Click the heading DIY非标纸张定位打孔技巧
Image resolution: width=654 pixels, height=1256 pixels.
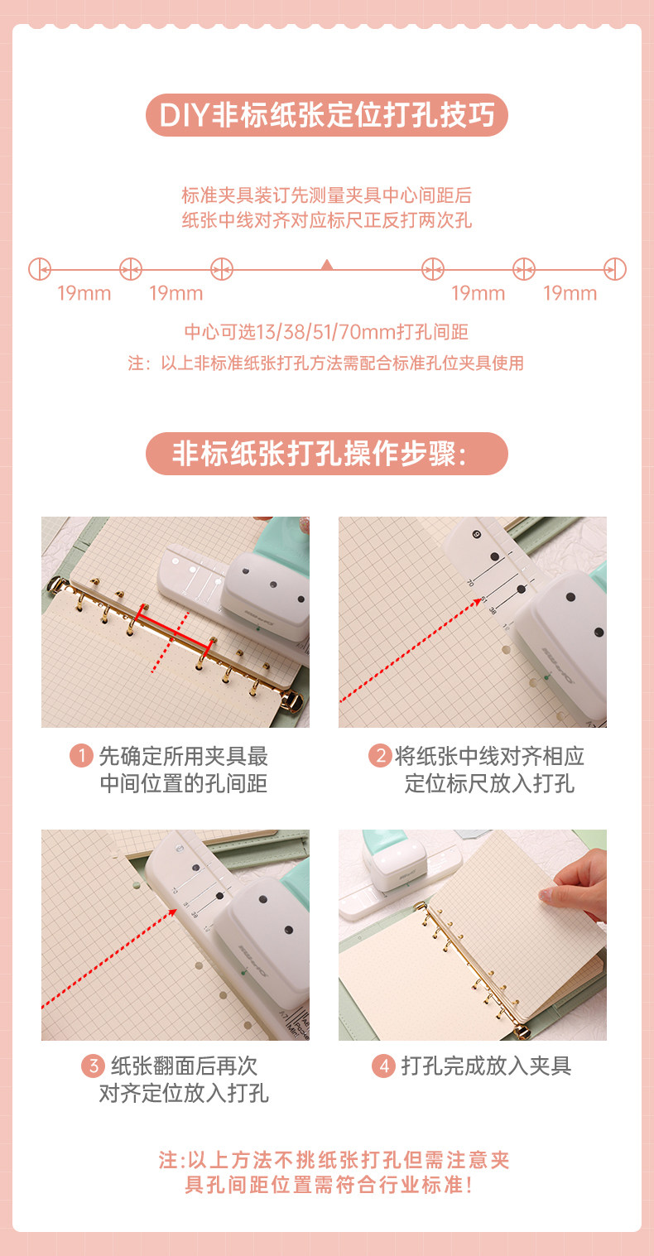pos(327,115)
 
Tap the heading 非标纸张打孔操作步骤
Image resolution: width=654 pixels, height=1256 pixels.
pos(320,454)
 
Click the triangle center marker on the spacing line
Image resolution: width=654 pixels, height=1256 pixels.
pos(327,265)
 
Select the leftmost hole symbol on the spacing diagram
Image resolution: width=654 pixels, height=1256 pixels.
pos(40,269)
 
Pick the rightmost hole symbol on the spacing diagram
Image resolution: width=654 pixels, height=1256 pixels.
pos(615,269)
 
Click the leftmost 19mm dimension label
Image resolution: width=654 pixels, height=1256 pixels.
pos(84,293)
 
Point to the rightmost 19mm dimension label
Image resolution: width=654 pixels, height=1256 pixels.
pos(570,293)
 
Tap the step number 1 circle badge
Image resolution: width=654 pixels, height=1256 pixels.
pos(81,756)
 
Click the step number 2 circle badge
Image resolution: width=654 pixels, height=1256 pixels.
pos(380,756)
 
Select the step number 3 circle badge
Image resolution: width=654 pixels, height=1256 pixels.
pos(93,1066)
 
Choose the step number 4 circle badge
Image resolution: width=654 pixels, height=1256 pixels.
pos(384,1066)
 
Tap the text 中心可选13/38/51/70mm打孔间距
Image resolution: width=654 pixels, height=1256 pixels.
pos(326,332)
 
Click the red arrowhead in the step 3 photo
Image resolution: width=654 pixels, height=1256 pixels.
pos(172,912)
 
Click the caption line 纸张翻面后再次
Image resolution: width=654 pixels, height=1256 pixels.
pos(184,1066)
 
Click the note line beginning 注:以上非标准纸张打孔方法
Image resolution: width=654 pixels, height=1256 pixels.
pos(325,363)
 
